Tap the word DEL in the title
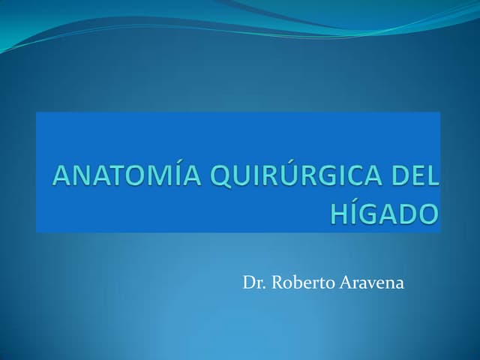(x=412, y=178)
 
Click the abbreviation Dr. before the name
(x=253, y=283)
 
